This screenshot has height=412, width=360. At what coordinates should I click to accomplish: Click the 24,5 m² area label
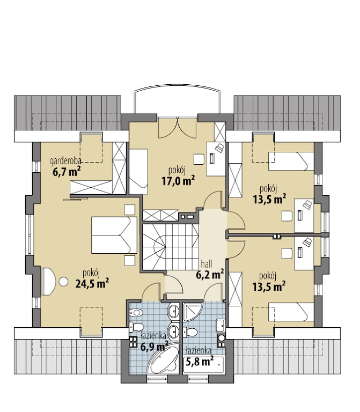point(92,283)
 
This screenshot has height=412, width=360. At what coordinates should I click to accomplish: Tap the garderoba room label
point(65,160)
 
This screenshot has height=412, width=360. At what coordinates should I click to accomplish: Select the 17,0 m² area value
point(178,181)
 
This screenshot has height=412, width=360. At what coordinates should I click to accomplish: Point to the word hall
point(207,264)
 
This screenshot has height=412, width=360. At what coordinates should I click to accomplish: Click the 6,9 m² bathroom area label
point(155,347)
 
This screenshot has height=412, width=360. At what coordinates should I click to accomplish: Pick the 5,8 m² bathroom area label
point(199,362)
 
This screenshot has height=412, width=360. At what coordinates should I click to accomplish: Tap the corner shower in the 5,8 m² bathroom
point(193,312)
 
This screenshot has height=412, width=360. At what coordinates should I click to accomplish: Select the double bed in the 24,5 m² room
point(114,235)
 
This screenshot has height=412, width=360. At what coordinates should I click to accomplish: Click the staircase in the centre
point(171,247)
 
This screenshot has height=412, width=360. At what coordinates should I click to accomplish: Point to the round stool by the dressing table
point(63,282)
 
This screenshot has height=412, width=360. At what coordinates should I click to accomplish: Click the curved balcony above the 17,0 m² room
point(177,99)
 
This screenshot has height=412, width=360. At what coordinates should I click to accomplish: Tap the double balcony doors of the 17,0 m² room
point(178,128)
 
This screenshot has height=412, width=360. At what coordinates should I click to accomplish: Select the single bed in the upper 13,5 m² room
point(291,161)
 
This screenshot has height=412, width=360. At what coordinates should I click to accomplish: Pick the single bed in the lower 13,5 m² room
point(291,312)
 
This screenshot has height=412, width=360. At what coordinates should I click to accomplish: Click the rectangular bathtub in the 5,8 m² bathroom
point(203,364)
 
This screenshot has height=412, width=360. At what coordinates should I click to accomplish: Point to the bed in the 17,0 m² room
point(138,172)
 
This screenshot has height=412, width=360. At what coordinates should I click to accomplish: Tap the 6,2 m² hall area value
point(210,274)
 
